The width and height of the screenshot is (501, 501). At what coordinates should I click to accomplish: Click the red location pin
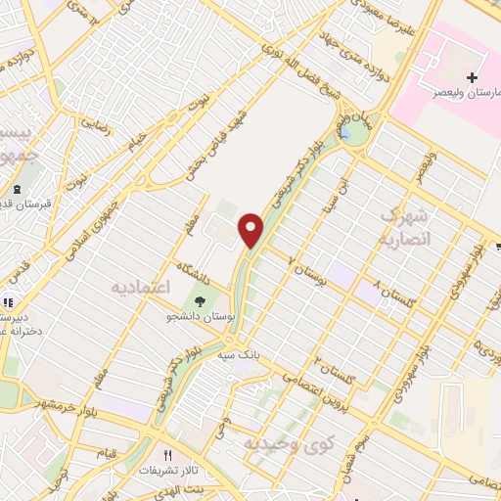(252, 230)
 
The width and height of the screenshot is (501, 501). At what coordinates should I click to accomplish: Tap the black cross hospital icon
(472, 77)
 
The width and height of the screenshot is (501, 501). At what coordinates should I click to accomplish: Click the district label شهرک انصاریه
(404, 226)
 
